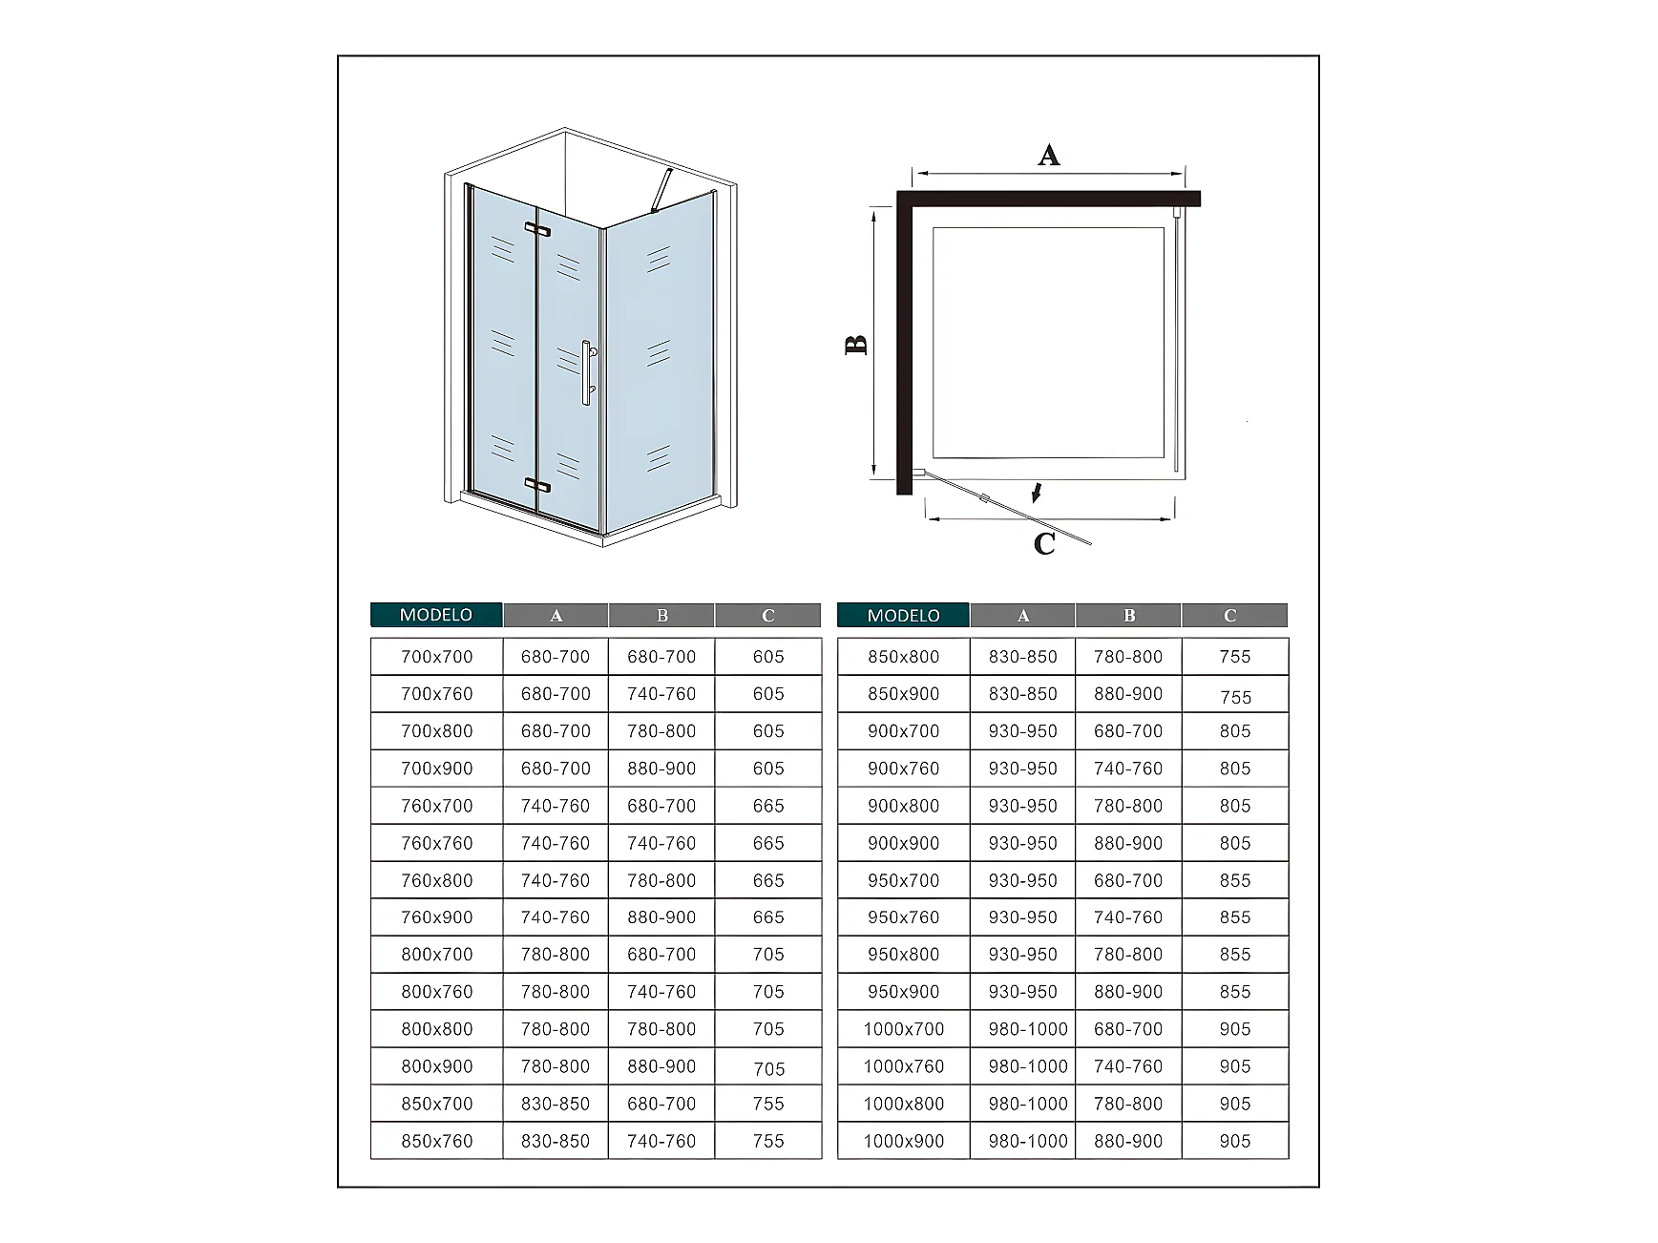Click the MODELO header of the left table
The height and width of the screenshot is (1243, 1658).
click(x=436, y=615)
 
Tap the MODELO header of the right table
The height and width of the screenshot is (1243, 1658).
click(x=903, y=616)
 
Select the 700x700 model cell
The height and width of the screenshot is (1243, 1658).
click(x=437, y=657)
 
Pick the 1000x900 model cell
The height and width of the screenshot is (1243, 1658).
click(x=904, y=1141)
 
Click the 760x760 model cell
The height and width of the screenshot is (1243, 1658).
click(x=437, y=843)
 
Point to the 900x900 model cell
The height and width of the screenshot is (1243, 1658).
click(x=904, y=843)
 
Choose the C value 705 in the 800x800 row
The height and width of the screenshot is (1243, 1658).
click(x=768, y=1029)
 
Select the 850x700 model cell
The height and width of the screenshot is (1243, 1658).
click(x=437, y=1104)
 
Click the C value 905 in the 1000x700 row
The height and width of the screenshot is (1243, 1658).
click(x=1235, y=1029)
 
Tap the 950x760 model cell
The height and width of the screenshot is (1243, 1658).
click(x=904, y=917)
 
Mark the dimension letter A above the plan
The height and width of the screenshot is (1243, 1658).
click(x=1049, y=155)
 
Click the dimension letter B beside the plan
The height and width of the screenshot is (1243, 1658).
click(x=857, y=345)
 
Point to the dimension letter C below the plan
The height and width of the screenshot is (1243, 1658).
click(x=1045, y=544)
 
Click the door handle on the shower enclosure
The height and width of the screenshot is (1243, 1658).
click(x=587, y=372)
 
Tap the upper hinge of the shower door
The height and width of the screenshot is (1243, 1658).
click(x=537, y=229)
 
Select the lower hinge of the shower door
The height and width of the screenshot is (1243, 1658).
click(x=537, y=485)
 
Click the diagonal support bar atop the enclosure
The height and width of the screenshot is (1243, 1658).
click(x=661, y=191)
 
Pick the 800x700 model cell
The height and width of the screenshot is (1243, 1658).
click(x=437, y=955)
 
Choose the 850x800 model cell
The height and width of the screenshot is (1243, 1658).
click(x=904, y=657)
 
